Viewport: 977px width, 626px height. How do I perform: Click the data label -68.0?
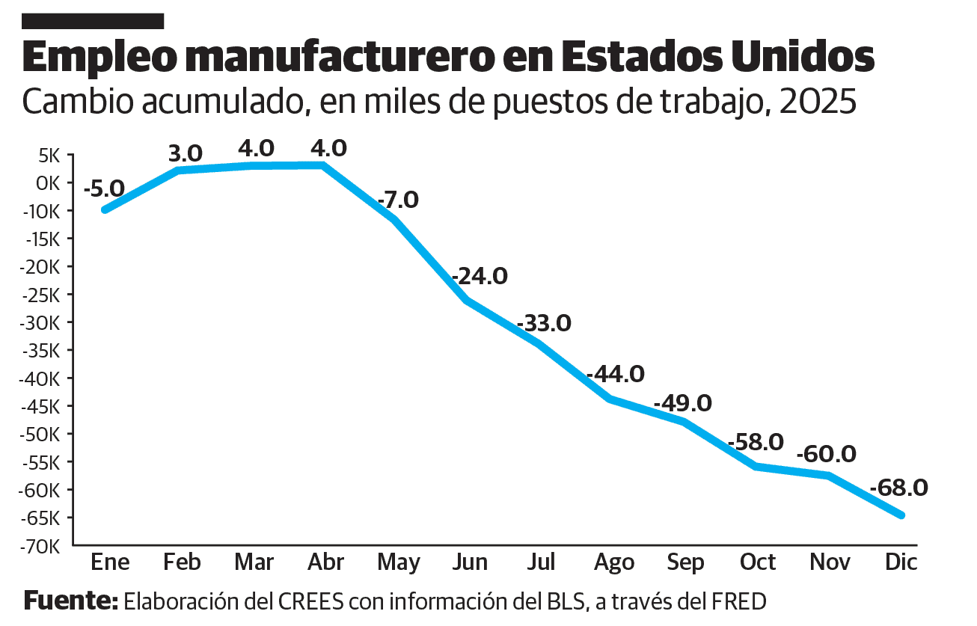(x=898, y=488)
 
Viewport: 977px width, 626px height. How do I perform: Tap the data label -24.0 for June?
(x=480, y=276)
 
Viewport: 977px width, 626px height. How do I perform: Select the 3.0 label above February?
(x=186, y=153)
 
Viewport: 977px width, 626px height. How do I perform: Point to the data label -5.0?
(x=104, y=188)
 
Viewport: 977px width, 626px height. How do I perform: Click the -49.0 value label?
(x=682, y=404)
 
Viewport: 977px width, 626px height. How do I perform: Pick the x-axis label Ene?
(x=110, y=562)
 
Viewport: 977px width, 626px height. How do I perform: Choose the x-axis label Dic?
(x=901, y=562)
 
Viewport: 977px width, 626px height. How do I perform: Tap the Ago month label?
(x=614, y=562)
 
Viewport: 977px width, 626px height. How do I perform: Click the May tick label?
(x=399, y=562)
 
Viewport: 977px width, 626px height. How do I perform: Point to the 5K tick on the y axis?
(x=49, y=156)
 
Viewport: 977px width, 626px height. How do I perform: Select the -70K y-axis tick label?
(x=41, y=547)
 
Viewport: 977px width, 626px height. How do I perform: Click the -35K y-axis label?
(x=41, y=351)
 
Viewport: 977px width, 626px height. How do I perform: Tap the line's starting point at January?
(x=105, y=210)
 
